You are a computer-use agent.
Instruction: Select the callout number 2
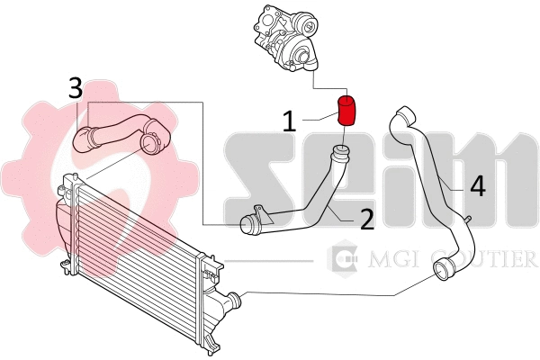[x=366, y=218]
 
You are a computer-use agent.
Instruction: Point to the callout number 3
[x=76, y=87]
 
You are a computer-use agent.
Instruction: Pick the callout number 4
[x=477, y=185]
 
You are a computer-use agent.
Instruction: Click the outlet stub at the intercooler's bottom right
[x=233, y=299]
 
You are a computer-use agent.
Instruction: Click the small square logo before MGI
[x=342, y=259]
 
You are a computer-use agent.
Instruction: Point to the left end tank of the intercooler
[x=66, y=220]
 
